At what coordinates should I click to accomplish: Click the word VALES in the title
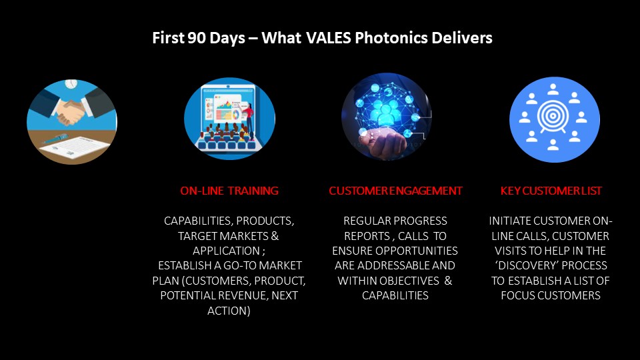coord(329,38)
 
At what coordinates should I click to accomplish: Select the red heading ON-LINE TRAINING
coord(229,191)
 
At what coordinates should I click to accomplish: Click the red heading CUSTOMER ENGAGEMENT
coord(395,191)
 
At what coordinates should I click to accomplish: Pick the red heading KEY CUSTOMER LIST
coord(551,191)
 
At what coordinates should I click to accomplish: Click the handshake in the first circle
coord(70,111)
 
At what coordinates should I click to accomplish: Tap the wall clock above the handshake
coord(71,84)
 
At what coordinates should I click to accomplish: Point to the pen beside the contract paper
coord(56,139)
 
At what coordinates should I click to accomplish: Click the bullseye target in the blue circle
coord(553,116)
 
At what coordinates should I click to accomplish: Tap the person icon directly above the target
coord(553,89)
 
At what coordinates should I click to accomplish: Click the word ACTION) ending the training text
coord(229,311)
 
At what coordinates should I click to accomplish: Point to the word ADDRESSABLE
coord(393,266)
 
